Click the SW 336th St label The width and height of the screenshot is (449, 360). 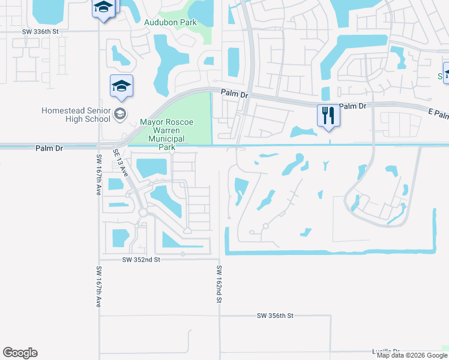[41, 31]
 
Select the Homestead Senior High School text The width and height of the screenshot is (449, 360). [76, 115]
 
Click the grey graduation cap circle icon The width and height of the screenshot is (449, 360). [120, 113]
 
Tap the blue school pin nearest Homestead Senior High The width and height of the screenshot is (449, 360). [121, 88]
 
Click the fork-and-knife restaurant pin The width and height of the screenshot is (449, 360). [328, 115]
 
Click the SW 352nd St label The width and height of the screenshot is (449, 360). [141, 260]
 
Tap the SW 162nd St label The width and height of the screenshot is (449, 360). [219, 284]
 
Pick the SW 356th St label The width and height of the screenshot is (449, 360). [275, 316]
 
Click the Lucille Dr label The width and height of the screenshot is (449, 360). [385, 351]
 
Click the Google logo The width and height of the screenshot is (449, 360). [20, 353]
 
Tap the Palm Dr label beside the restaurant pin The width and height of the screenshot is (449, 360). [352, 106]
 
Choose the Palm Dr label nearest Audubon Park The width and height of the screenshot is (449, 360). [234, 93]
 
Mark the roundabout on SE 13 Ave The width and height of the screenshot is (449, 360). [143, 213]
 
